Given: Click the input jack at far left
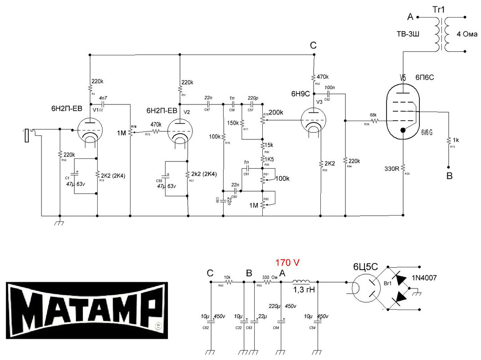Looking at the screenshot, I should coord(28,135).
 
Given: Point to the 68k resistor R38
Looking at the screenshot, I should coord(374,121).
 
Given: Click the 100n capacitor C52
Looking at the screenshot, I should coord(329,94).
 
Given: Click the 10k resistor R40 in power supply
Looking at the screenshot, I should coord(228,282).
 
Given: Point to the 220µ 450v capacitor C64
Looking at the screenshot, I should coord(281,320).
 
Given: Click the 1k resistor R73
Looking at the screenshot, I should coord(449,141).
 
